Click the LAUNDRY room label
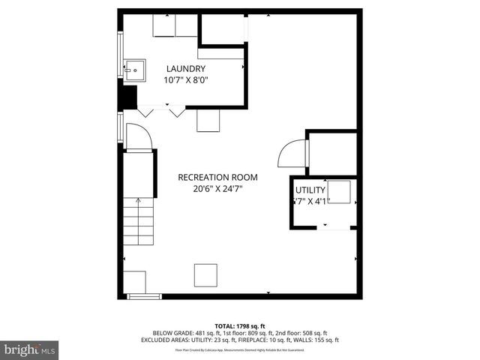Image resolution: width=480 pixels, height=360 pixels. [185, 68]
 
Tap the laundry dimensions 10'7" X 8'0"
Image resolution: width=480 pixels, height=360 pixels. [186, 79]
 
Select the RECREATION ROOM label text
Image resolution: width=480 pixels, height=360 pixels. [217, 178]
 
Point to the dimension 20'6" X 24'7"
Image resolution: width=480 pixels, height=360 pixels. [217, 189]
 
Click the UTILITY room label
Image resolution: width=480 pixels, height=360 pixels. [310, 190]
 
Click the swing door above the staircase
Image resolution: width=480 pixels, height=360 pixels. [139, 136]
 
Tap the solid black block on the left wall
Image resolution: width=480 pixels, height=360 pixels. [129, 97]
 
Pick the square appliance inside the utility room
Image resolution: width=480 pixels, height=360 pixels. [339, 192]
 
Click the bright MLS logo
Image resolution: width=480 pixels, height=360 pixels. [30, 349]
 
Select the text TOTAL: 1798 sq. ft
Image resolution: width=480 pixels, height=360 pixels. [239, 325]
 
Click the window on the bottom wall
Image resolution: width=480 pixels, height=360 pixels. [145, 296]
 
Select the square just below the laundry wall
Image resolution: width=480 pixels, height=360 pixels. [208, 121]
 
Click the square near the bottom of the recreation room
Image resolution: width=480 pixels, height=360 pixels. [205, 274]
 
